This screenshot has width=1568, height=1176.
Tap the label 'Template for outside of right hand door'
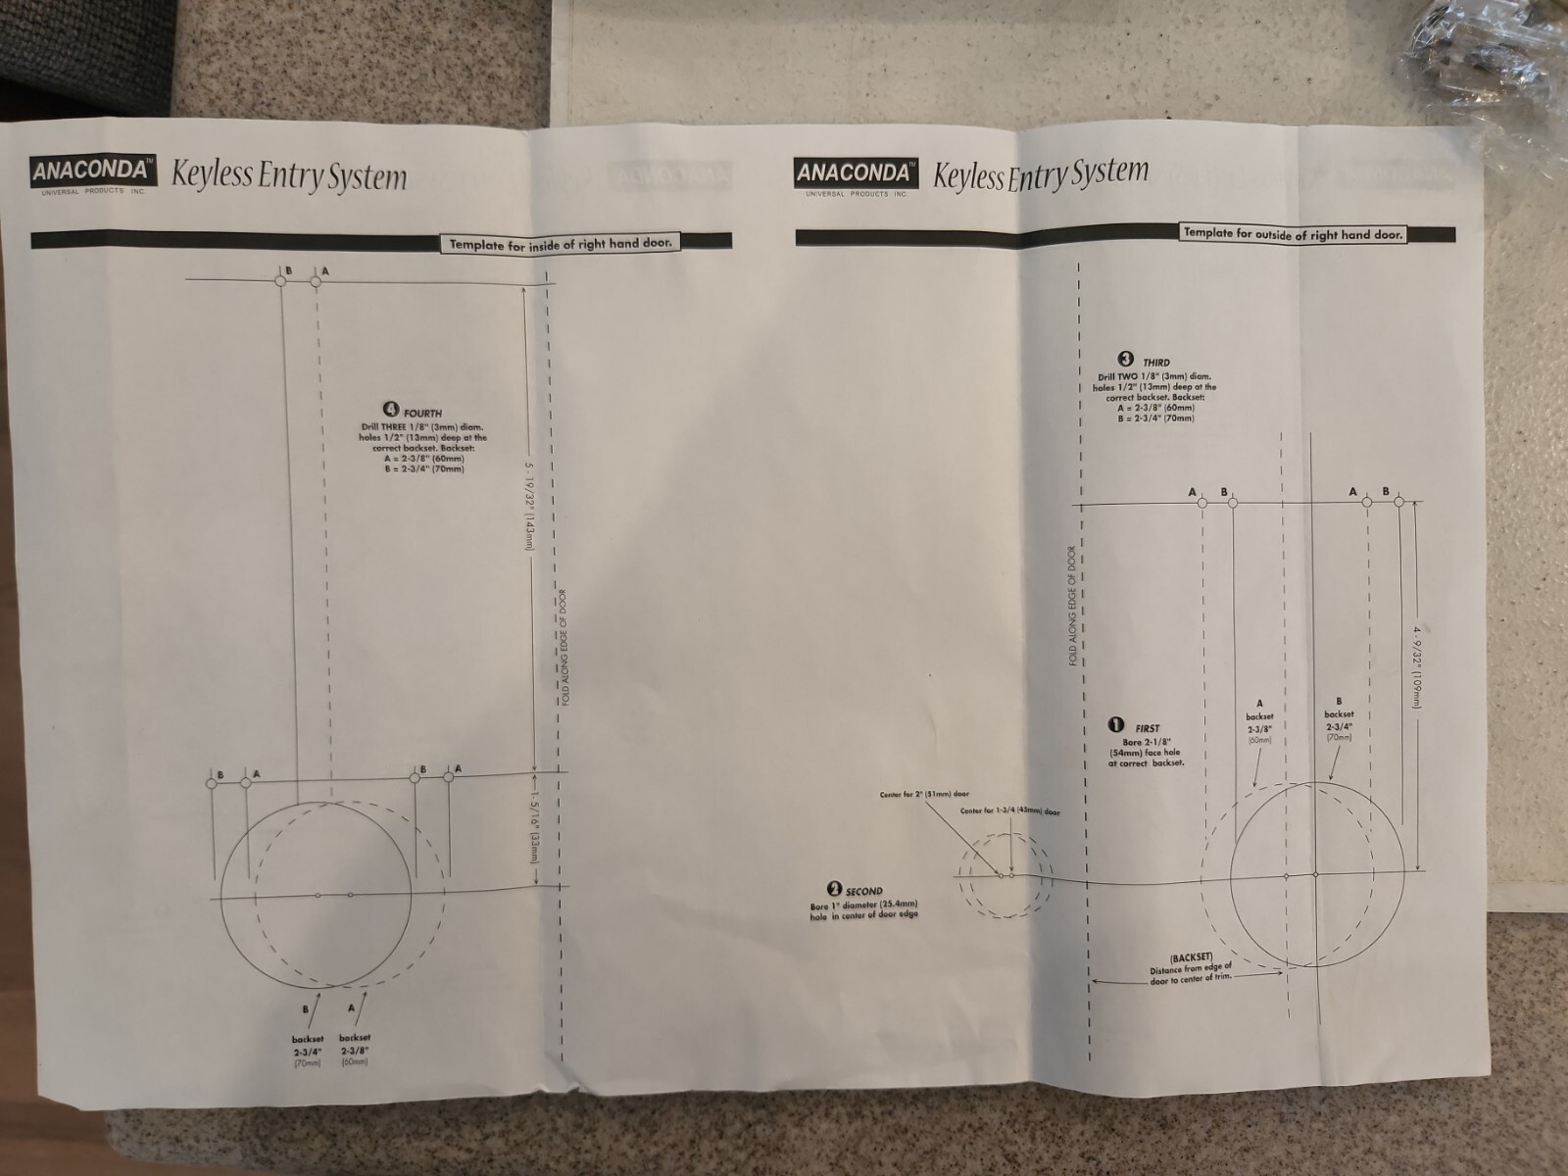[x=1293, y=233]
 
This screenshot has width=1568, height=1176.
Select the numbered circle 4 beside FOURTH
[x=391, y=410]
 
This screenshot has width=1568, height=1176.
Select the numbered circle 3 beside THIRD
[x=1127, y=360]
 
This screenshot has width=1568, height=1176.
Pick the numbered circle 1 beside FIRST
[x=1115, y=725]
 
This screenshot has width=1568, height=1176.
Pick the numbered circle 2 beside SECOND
[x=834, y=889]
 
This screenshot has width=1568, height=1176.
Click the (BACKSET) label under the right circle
[x=1191, y=956]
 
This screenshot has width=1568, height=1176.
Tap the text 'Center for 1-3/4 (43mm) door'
[x=1009, y=811]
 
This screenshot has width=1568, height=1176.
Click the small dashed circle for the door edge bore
[x=1004, y=875]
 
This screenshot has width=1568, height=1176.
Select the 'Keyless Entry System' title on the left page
[x=289, y=176]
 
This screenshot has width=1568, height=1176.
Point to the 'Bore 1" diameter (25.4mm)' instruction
[x=863, y=908]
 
